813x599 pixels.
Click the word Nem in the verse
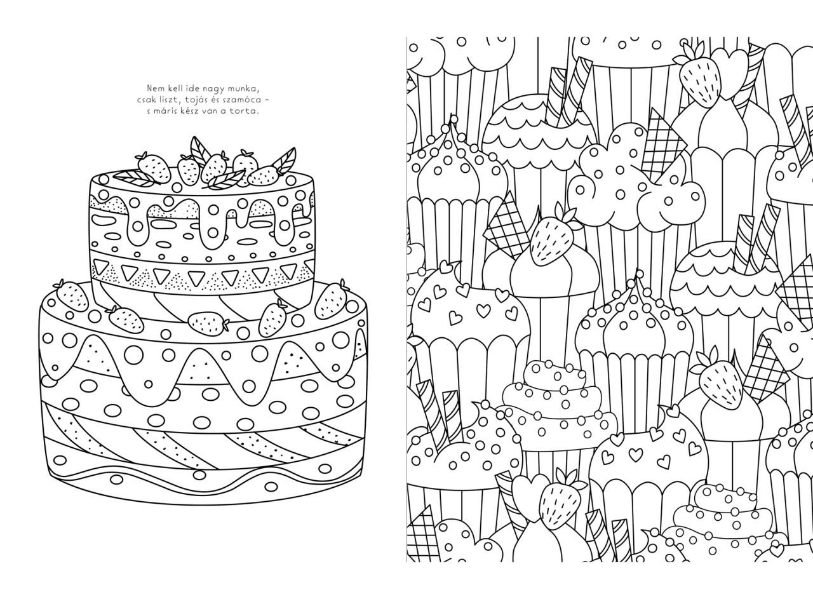point(154,88)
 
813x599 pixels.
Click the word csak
point(146,100)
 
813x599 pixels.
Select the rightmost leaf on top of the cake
point(285,161)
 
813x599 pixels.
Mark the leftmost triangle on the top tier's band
point(101,267)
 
